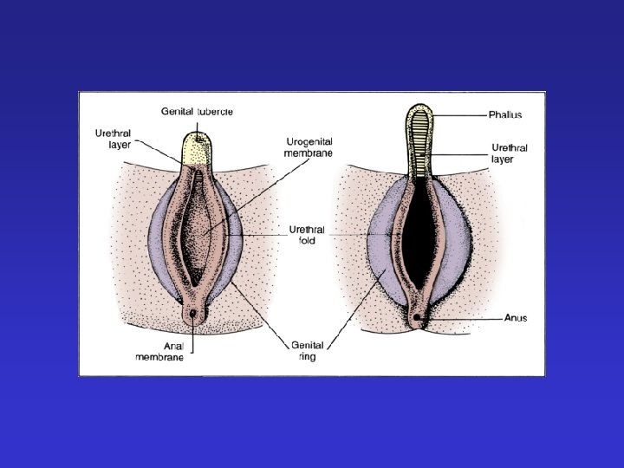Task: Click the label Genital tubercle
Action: pyautogui.click(x=197, y=112)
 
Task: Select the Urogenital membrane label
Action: pyautogui.click(x=309, y=146)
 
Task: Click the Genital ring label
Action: pyautogui.click(x=309, y=350)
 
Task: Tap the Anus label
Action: pyautogui.click(x=516, y=318)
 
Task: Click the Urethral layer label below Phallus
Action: pyautogui.click(x=510, y=153)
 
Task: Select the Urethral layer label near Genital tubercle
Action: pyautogui.click(x=113, y=140)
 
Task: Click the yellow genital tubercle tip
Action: pyautogui.click(x=198, y=146)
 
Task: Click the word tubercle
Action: pyautogui.click(x=215, y=112)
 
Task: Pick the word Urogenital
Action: pyautogui.click(x=309, y=140)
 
